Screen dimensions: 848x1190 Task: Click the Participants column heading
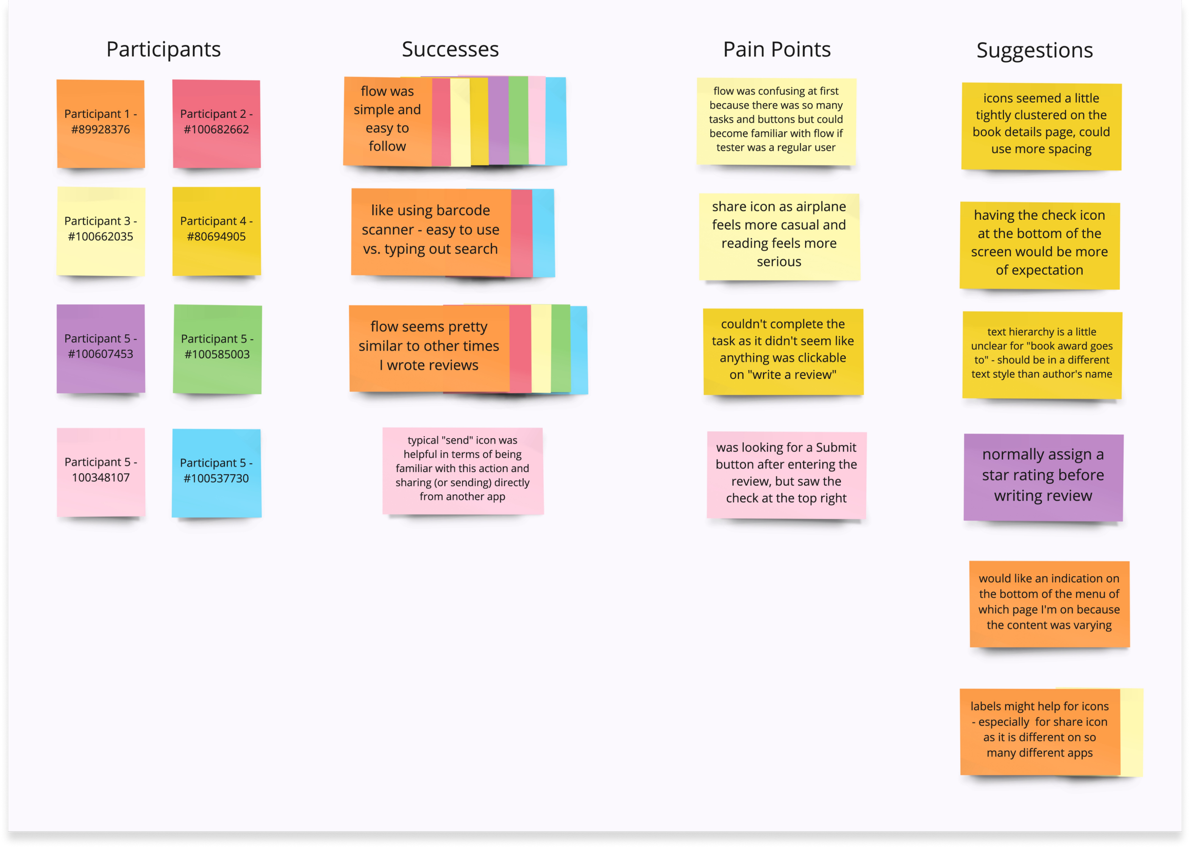(x=163, y=49)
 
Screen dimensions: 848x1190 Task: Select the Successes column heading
(x=450, y=49)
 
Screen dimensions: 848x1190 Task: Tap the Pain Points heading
(x=777, y=49)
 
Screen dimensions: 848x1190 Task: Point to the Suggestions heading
(x=1034, y=50)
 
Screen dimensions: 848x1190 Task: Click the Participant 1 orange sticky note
(x=101, y=123)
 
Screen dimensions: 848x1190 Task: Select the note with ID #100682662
(x=217, y=123)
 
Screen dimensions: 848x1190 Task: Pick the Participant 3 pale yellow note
(x=101, y=231)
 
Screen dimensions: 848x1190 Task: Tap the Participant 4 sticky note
(x=217, y=231)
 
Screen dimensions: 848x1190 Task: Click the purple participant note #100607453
(x=101, y=348)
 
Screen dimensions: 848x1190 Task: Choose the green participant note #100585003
(x=218, y=349)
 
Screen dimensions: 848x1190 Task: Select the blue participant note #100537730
(x=217, y=473)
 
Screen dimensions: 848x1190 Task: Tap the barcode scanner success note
(x=430, y=231)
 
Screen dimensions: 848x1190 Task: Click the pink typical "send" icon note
(x=463, y=470)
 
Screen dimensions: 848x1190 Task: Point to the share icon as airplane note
(x=779, y=236)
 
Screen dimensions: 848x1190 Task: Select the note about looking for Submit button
(x=786, y=474)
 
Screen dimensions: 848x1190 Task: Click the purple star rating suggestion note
(x=1043, y=477)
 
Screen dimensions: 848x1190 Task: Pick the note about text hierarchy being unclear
(x=1041, y=354)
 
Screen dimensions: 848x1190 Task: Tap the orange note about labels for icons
(x=1040, y=731)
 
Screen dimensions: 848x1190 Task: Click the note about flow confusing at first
(x=775, y=121)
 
